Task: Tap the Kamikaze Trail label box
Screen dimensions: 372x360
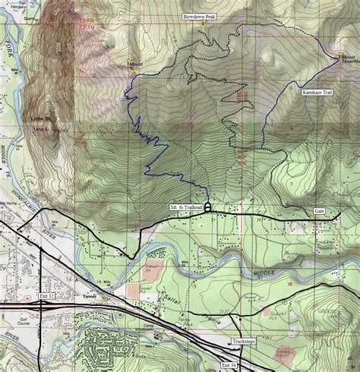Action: point(317,92)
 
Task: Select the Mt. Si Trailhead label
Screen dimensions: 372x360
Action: point(185,206)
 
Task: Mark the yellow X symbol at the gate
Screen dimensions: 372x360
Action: point(311,218)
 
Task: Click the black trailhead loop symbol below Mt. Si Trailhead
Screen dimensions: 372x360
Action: point(207,216)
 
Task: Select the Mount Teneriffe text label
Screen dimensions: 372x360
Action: point(348,60)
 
